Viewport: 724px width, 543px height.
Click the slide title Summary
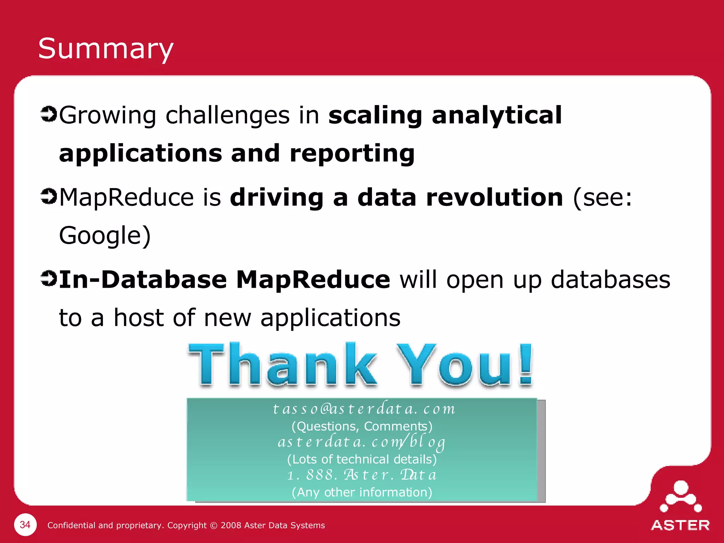[106, 49]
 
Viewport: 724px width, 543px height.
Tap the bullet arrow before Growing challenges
[48, 114]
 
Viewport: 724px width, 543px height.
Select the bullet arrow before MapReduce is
[48, 196]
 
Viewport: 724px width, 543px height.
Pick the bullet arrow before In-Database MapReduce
[48, 278]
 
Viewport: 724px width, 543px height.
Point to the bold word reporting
[352, 154]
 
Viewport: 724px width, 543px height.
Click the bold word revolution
[495, 197]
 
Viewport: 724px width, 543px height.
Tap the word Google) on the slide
[105, 236]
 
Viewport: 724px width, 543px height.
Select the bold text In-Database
[143, 279]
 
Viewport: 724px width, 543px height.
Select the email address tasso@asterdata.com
[364, 409]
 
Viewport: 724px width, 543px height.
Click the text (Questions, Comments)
[362, 426]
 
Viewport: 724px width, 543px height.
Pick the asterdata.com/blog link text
[362, 442]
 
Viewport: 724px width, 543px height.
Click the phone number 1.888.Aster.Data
[362, 475]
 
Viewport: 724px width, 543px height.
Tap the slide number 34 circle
[25, 525]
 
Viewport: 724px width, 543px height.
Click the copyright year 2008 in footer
[231, 525]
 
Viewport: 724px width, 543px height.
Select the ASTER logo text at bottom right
[680, 525]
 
